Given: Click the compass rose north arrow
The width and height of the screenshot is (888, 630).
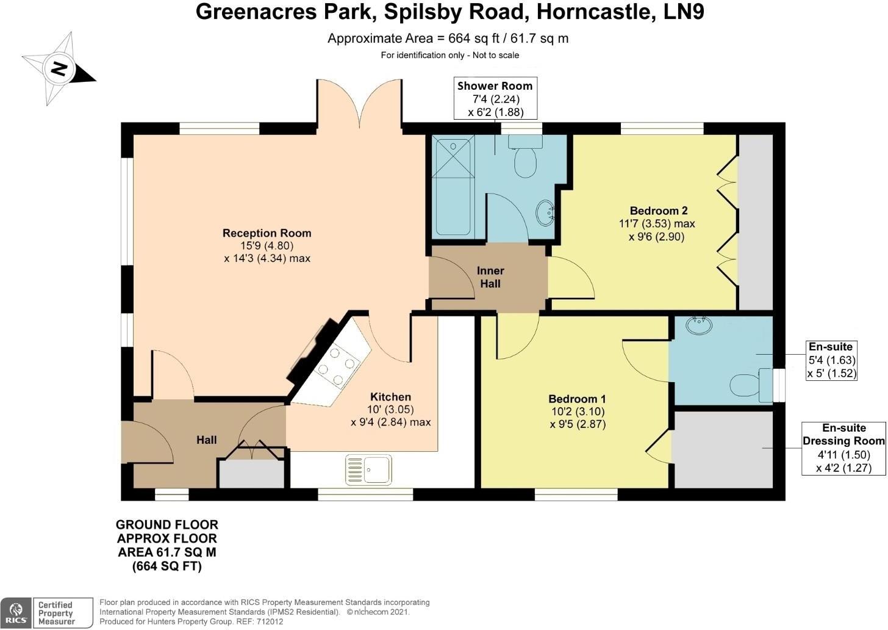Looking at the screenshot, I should [x=59, y=68].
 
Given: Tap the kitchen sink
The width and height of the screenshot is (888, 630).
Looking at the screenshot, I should [x=368, y=470].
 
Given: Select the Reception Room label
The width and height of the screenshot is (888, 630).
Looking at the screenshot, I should [x=267, y=233].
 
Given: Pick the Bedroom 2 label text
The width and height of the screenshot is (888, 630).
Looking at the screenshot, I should [x=659, y=211].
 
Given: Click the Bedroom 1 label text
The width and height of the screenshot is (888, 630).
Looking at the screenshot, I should [x=577, y=399].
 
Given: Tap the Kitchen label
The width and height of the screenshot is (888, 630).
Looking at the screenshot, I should [x=390, y=397].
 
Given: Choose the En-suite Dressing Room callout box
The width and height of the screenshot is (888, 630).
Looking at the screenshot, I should [x=843, y=448].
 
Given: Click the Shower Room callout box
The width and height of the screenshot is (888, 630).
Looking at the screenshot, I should [x=495, y=98].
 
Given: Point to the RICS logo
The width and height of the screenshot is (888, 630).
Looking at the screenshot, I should [x=16, y=613].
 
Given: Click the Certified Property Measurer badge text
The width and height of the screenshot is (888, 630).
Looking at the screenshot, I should [x=56, y=613].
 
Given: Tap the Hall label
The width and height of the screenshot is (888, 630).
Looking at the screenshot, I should [x=207, y=440].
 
